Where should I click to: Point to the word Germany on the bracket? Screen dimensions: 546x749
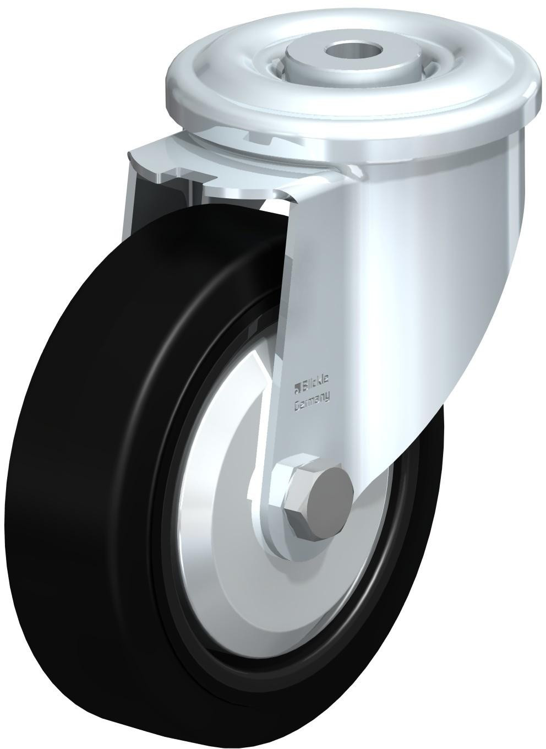pos(312,406)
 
